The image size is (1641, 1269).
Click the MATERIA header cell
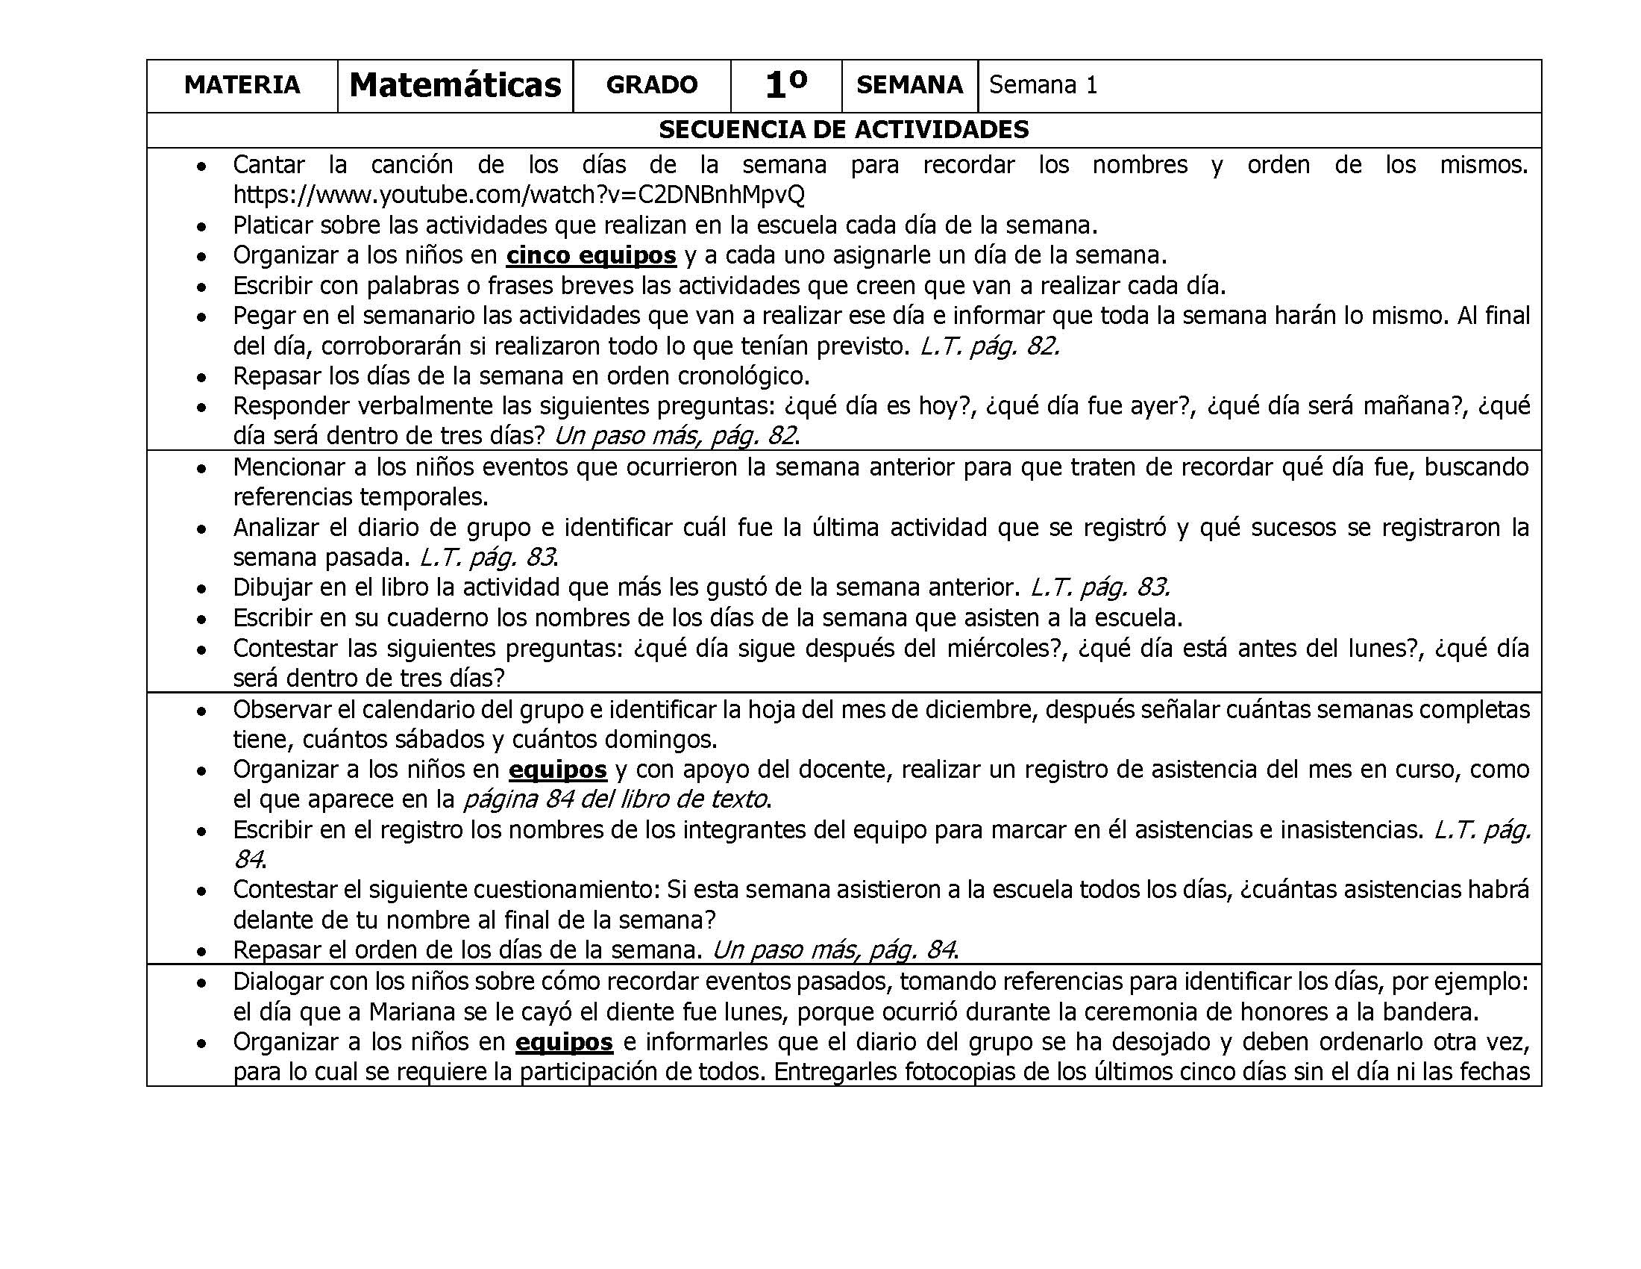click(242, 85)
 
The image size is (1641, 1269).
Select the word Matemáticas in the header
click(455, 85)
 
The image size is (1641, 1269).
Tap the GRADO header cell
click(651, 85)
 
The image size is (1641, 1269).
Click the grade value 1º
click(786, 85)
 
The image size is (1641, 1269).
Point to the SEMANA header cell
click(909, 85)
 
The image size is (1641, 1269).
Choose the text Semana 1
click(1043, 85)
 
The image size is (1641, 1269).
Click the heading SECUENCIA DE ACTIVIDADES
click(843, 130)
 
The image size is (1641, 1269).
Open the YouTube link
click(518, 195)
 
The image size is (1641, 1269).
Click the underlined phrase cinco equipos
click(591, 255)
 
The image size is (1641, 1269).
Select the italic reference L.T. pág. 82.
click(990, 346)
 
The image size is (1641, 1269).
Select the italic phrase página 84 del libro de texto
click(615, 799)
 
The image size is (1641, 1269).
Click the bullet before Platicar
click(201, 226)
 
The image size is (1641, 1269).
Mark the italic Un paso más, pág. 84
click(832, 950)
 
